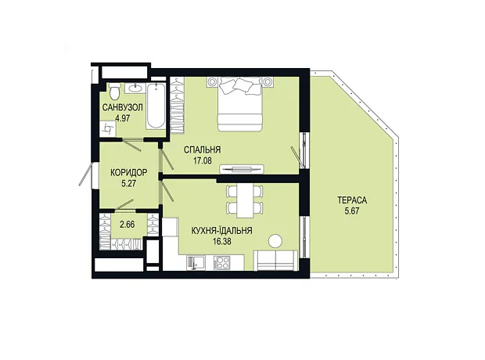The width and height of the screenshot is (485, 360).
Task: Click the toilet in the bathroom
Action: pos(114,89)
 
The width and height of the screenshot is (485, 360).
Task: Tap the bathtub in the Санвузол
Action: pos(156,106)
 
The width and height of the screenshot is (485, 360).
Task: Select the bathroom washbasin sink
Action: pos(135,88)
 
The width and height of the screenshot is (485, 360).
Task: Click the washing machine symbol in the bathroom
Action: pos(108,129)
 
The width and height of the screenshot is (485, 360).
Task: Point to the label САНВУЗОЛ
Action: pos(123,108)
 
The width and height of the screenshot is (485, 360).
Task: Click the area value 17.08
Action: pos(203,160)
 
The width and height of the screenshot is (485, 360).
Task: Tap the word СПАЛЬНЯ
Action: pos(203,149)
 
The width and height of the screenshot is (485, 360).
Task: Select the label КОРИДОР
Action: pos(129,172)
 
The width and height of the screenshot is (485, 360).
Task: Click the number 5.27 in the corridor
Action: pos(129,183)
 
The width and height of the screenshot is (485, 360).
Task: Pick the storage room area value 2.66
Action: pos(128,224)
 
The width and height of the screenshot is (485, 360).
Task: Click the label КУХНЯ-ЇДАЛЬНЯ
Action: pos(222,231)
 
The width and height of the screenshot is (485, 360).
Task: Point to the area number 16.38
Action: pos(222,241)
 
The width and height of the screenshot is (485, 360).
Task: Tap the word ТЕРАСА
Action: pos(352,200)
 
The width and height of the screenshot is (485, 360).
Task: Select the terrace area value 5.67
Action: pos(352,211)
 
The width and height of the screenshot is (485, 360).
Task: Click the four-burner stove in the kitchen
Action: pos(222,263)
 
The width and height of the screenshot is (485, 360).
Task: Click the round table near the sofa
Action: pos(275,241)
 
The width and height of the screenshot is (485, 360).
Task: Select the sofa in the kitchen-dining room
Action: pos(275,261)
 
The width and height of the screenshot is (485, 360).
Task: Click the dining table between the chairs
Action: pos(245,200)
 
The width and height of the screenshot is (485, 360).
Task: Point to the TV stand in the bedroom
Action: pos(242,169)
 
